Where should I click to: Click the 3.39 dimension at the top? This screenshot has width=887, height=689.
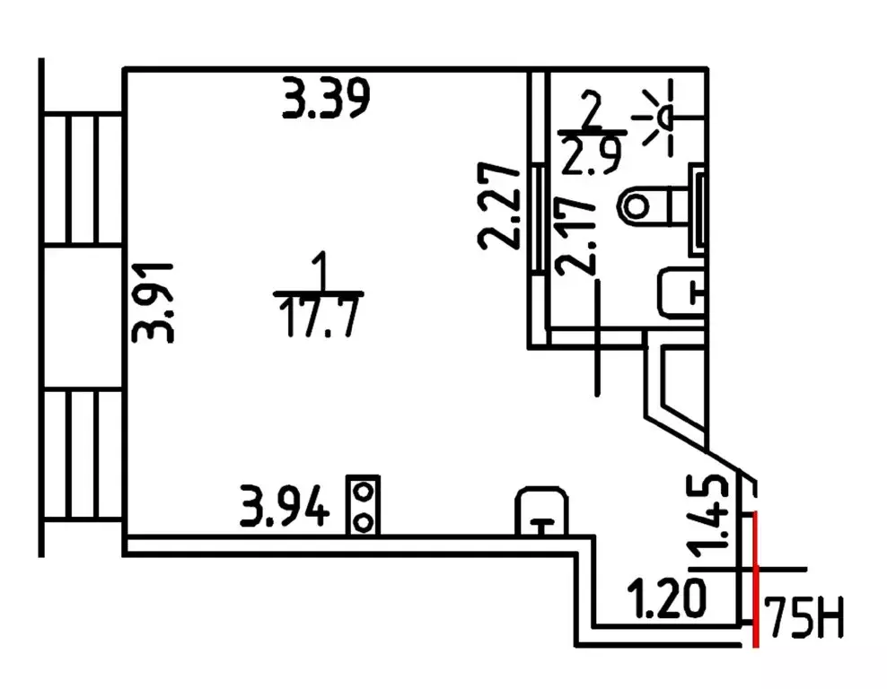[x=326, y=98]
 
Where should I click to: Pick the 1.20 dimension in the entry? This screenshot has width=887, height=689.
[x=664, y=598]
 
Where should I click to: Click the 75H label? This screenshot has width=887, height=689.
[x=803, y=619]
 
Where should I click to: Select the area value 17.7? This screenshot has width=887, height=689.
[x=320, y=316]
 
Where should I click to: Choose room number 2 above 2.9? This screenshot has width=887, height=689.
[x=590, y=113]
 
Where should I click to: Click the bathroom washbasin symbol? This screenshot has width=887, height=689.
[x=681, y=292]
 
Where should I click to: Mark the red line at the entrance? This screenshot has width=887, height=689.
[x=756, y=579]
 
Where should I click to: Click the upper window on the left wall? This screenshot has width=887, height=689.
[x=82, y=180]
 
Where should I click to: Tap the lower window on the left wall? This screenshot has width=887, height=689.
[x=82, y=457]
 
